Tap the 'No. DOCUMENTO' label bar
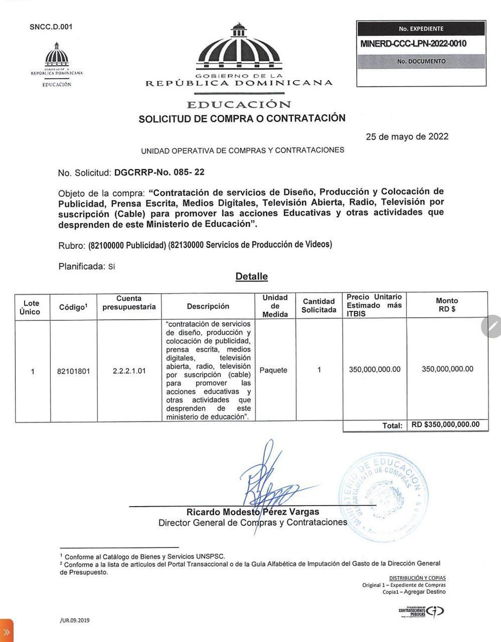pyautogui.click(x=421, y=62)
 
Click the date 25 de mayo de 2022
pyautogui.click(x=407, y=136)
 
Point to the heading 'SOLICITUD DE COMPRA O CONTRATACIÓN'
pyautogui.click(x=242, y=118)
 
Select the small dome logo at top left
pyautogui.click(x=57, y=56)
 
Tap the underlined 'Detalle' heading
pyautogui.click(x=251, y=277)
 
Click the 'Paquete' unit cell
pyautogui.click(x=273, y=369)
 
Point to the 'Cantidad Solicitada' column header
pyautogui.click(x=319, y=305)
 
